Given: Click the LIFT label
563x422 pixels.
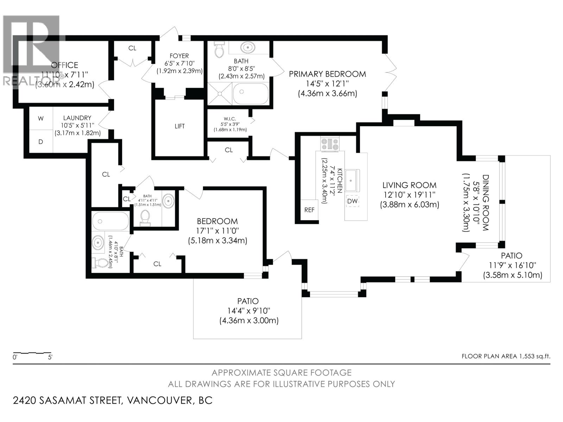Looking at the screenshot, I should [x=179, y=126].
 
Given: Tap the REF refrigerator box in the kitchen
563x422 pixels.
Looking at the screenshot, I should [x=309, y=210].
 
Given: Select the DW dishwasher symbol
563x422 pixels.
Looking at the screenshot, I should [x=352, y=201].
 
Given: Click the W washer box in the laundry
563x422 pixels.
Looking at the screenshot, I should [x=41, y=119].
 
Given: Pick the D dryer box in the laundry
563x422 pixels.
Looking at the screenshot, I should [x=41, y=142].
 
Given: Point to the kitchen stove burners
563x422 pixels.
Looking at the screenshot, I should [x=330, y=144].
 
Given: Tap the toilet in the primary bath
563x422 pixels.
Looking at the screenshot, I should [x=219, y=50].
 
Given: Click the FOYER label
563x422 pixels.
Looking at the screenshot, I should [x=179, y=56].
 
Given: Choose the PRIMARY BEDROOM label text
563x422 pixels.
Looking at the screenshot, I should [x=327, y=74].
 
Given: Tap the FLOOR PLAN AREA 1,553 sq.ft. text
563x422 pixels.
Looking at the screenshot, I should [x=506, y=356].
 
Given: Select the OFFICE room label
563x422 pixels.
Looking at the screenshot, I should [x=64, y=65].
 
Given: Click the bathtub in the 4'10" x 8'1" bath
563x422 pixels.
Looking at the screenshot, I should [x=110, y=221].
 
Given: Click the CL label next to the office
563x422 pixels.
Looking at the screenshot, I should [x=132, y=48].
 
